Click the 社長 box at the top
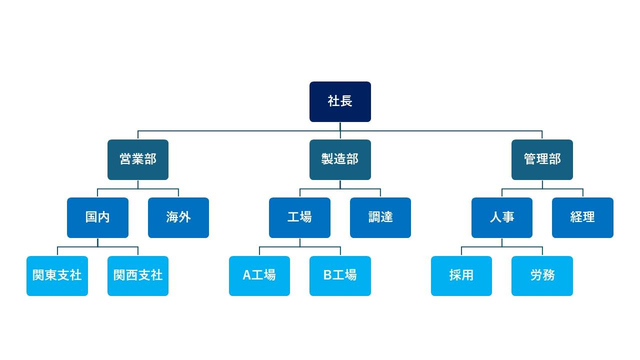pyautogui.click(x=340, y=101)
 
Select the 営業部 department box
pyautogui.click(x=138, y=159)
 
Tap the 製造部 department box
pyautogui.click(x=340, y=159)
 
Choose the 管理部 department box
pyautogui.click(x=542, y=159)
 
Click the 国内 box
pyautogui.click(x=97, y=217)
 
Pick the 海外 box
pyautogui.click(x=178, y=217)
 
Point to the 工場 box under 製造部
pyautogui.click(x=299, y=217)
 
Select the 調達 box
pyautogui.click(x=380, y=217)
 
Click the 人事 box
pyautogui.click(x=502, y=217)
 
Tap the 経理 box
pyautogui.click(x=582, y=217)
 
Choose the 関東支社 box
pyautogui.click(x=57, y=275)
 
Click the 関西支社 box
pyautogui.click(x=138, y=275)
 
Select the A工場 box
pyautogui.click(x=259, y=275)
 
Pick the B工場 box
pyautogui.click(x=340, y=275)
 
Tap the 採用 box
pyautogui.click(x=461, y=275)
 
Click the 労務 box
pyautogui.click(x=542, y=275)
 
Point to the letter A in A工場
pyautogui.click(x=246, y=275)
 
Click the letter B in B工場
pyautogui.click(x=327, y=275)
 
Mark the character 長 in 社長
pyautogui.click(x=346, y=101)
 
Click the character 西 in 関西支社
pyautogui.click(x=132, y=275)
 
